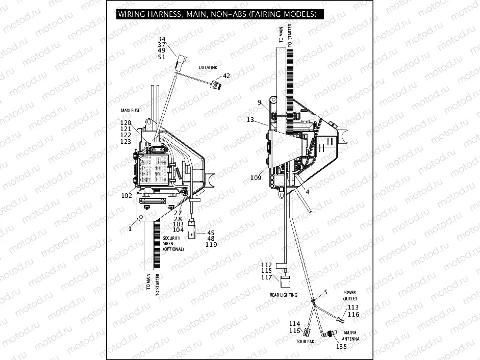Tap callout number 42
226,76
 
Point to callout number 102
127,194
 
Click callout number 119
211,245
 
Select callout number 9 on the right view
260,102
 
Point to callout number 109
256,178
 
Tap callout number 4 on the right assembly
307,191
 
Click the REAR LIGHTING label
284,295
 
